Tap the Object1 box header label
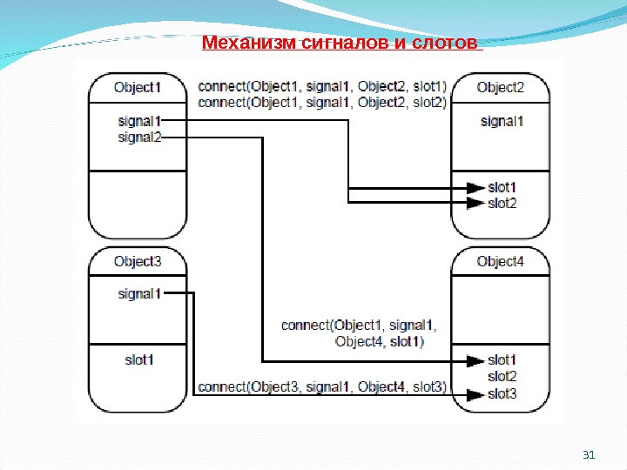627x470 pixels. [138, 87]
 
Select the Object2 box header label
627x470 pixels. [501, 87]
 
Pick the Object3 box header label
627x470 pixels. [138, 261]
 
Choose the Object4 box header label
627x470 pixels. [501, 261]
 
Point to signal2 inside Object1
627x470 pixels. [139, 137]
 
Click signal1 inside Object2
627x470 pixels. [502, 121]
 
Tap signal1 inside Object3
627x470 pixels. [139, 293]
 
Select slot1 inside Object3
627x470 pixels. [138, 359]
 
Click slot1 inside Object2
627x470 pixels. [502, 187]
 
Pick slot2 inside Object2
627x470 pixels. [502, 203]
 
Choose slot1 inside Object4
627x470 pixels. [502, 359]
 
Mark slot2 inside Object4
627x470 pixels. [502, 376]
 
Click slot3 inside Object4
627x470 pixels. [502, 393]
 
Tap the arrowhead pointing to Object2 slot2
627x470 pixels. [475, 203]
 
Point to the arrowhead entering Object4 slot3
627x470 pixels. [475, 394]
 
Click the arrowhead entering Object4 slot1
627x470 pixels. [475, 359]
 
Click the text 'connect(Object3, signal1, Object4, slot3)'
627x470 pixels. [322, 386]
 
